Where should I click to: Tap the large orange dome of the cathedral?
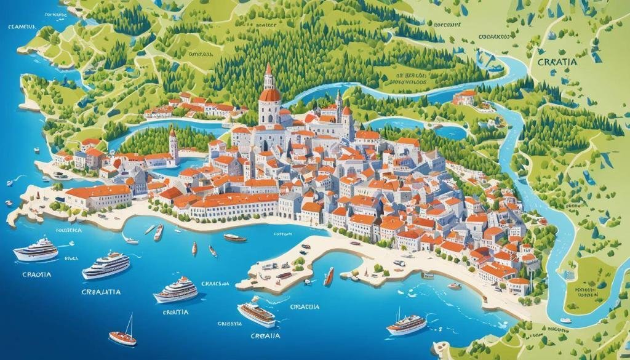click(x=269, y=95)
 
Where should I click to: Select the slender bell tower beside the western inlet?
click(x=173, y=146)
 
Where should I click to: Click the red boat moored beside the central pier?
click(x=330, y=276)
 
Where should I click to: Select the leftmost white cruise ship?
click(x=36, y=250)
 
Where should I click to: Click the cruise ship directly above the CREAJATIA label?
click(x=106, y=265)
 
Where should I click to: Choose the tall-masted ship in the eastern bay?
click(x=406, y=323)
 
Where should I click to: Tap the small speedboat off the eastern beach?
click(x=454, y=286)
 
